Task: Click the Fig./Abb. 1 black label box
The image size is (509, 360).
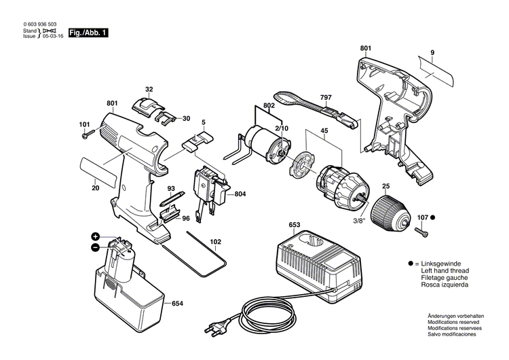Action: [x=88, y=32]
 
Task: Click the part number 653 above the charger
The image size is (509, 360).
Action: [x=295, y=224]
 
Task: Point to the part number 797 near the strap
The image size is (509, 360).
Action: [x=326, y=98]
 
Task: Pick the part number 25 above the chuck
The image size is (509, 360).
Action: [x=385, y=186]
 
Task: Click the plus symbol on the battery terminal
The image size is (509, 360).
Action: [x=96, y=236]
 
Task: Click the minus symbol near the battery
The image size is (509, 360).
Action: [x=96, y=247]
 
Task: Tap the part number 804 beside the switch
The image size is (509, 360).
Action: [x=240, y=194]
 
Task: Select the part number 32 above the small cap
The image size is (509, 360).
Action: [x=149, y=89]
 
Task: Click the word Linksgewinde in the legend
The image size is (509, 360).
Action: [x=438, y=264]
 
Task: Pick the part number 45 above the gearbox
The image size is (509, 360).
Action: [x=324, y=132]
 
